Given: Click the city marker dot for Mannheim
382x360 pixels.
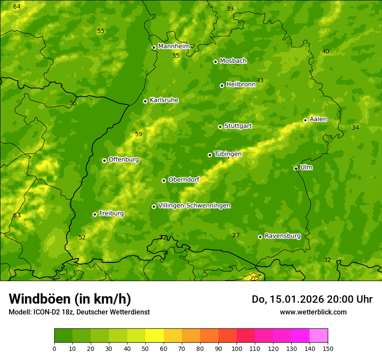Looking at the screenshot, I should (x=154, y=48).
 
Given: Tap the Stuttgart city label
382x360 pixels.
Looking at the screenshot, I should (x=238, y=126).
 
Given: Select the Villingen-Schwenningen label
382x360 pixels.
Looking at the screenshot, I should (x=194, y=206).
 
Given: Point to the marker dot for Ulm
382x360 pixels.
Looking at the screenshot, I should (x=296, y=168).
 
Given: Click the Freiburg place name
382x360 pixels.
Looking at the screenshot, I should (x=111, y=213).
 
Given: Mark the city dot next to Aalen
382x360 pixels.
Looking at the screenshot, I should (x=305, y=120).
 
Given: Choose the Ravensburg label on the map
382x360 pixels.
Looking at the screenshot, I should (x=282, y=236).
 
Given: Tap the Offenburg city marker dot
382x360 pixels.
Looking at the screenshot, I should (x=104, y=160).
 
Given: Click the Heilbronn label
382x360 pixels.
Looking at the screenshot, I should (x=241, y=85).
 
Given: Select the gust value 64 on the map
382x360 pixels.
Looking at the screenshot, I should (x=16, y=7).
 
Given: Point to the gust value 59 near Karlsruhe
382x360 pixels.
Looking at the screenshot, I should (x=138, y=134).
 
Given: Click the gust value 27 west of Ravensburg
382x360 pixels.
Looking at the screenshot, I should (x=236, y=235).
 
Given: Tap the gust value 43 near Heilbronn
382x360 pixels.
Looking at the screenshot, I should (x=260, y=80).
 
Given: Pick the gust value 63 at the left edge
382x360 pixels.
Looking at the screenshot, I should (x=16, y=216).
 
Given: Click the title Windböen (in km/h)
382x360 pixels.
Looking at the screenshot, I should (x=69, y=299).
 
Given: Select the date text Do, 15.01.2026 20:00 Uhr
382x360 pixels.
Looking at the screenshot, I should (x=312, y=299).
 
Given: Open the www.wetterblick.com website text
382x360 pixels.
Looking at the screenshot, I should (x=313, y=312).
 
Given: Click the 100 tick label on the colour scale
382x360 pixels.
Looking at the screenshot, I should (x=237, y=348).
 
